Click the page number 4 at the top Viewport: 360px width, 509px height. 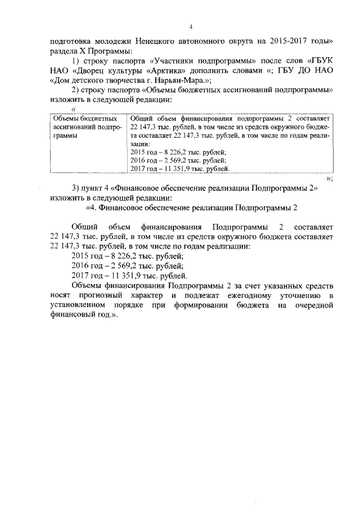click(x=191, y=26)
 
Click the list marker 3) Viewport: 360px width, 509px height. click(x=76, y=188)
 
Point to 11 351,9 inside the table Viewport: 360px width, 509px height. click(x=181, y=168)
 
